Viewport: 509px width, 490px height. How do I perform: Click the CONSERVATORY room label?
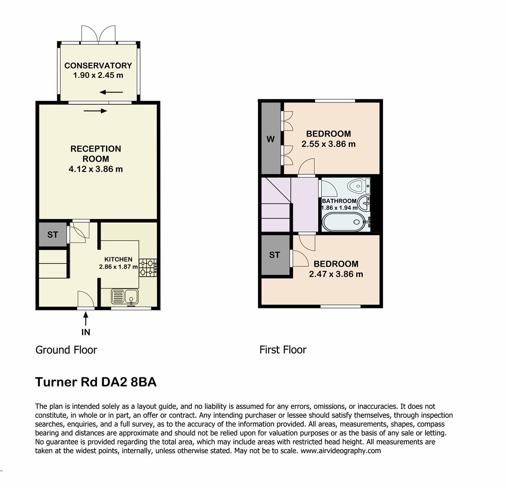coord(98,65)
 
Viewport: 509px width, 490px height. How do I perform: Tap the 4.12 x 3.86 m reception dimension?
coord(96,169)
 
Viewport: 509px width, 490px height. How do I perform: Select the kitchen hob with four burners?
coord(148,267)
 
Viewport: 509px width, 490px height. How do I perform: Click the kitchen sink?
coord(125,297)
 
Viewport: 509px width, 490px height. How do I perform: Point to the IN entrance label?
coord(86,332)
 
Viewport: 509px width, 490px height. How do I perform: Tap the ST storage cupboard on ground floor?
coord(53,235)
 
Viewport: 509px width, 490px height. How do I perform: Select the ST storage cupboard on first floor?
coord(275,255)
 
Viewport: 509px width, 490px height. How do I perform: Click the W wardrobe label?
coord(271,139)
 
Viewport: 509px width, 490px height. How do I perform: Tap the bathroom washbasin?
coord(364,202)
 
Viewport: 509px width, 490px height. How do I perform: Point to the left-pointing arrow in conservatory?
coord(111,93)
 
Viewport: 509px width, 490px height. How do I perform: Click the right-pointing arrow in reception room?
coord(95,110)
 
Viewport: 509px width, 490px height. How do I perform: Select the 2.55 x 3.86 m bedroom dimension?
coord(329,144)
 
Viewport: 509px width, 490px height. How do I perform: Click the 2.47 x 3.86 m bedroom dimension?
coord(336,274)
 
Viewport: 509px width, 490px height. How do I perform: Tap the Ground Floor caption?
coord(66,350)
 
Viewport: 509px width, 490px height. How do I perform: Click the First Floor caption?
coord(283,350)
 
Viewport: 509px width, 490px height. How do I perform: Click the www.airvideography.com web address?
coord(340,451)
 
